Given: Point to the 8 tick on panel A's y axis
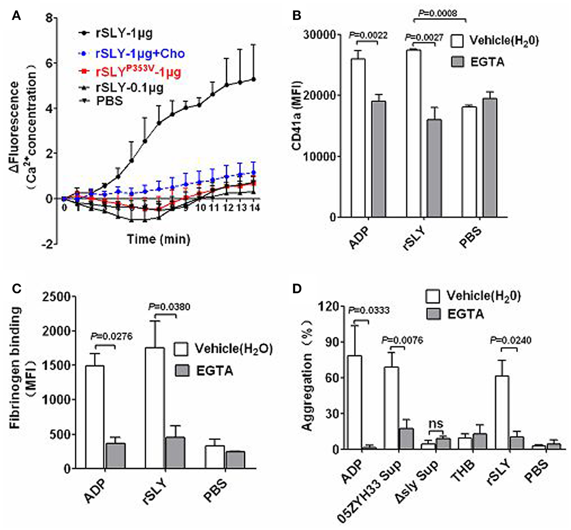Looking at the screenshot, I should pyautogui.click(x=49, y=18).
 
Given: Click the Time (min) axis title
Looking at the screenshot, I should pyautogui.click(x=158, y=239).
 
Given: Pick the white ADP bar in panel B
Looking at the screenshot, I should pyautogui.click(x=358, y=138).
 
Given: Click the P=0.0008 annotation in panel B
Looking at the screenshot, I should pyautogui.click(x=438, y=13).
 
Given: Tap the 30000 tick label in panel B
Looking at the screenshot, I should pyautogui.click(x=319, y=35).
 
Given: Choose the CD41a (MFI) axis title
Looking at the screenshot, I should pyautogui.click(x=296, y=116).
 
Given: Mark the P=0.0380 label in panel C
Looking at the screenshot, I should pyautogui.click(x=169, y=307).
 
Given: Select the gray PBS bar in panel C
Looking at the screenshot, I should pyautogui.click(x=235, y=460).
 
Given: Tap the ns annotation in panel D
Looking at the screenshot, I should pyautogui.click(x=436, y=423).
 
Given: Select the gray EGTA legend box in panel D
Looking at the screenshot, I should pyautogui.click(x=434, y=314).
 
